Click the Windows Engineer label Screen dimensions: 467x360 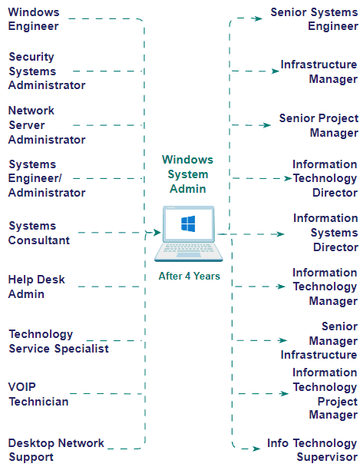pyautogui.click(x=33, y=19)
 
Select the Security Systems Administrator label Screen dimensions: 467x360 pyautogui.click(x=46, y=71)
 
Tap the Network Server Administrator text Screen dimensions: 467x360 pyautogui.click(x=46, y=125)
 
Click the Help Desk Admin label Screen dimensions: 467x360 pyautogui.click(x=36, y=286)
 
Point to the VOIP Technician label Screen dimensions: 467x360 pyautogui.click(x=38, y=394)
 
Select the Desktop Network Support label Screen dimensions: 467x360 pyautogui.click(x=56, y=450)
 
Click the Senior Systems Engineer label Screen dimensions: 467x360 pyautogui.click(x=314, y=19)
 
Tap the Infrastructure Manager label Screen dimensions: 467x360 pyautogui.click(x=319, y=71)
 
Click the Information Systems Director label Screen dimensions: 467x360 pyautogui.click(x=325, y=233)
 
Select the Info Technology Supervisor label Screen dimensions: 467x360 pyautogui.click(x=312, y=450)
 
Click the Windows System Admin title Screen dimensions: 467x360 pyautogui.click(x=187, y=174)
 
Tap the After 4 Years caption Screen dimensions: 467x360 pyautogui.click(x=189, y=276)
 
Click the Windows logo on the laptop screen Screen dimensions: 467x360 pyautogui.click(x=188, y=224)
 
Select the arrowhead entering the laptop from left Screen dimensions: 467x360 pyautogui.click(x=156, y=231)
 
